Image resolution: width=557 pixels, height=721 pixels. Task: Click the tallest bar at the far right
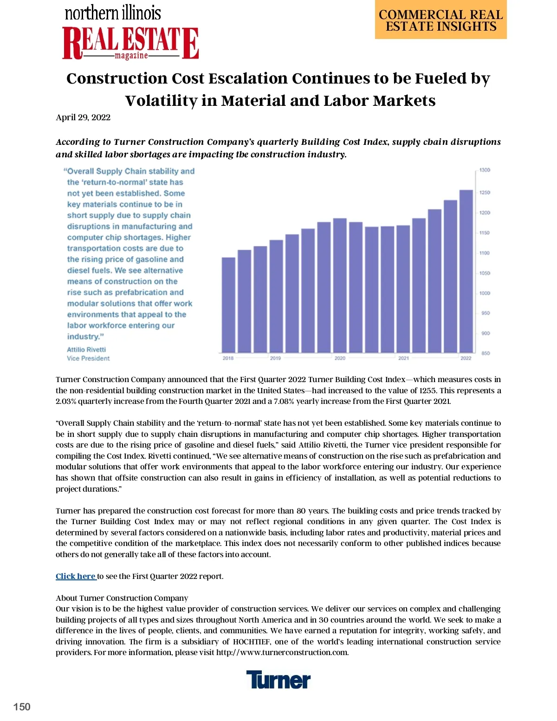pyautogui.click(x=466, y=271)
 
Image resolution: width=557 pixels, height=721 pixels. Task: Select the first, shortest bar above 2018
pyautogui.click(x=228, y=305)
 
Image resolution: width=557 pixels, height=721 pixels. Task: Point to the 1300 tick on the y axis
pyautogui.click(x=485, y=170)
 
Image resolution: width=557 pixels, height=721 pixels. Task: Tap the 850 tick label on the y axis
pyautogui.click(x=486, y=353)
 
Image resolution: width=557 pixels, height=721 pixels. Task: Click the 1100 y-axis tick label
pyautogui.click(x=485, y=253)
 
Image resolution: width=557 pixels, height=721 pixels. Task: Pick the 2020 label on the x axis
pyautogui.click(x=340, y=358)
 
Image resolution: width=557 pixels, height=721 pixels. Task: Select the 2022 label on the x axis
pyautogui.click(x=466, y=358)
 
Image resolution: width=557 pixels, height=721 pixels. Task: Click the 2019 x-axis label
pyautogui.click(x=275, y=358)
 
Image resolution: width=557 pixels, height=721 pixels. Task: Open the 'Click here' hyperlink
pyautogui.click(x=76, y=576)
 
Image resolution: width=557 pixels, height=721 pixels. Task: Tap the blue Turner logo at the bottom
pyautogui.click(x=278, y=680)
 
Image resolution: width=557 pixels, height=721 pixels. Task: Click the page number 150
pyautogui.click(x=22, y=707)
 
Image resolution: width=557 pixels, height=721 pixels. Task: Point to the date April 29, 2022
pyautogui.click(x=83, y=117)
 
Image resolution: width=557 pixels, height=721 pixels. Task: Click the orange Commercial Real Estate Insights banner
pyautogui.click(x=440, y=20)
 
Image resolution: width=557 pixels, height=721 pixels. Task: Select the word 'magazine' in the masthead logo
pyautogui.click(x=131, y=56)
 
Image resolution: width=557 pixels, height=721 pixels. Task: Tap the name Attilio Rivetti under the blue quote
pyautogui.click(x=86, y=350)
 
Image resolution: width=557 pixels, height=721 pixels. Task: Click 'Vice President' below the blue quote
pyautogui.click(x=88, y=358)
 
